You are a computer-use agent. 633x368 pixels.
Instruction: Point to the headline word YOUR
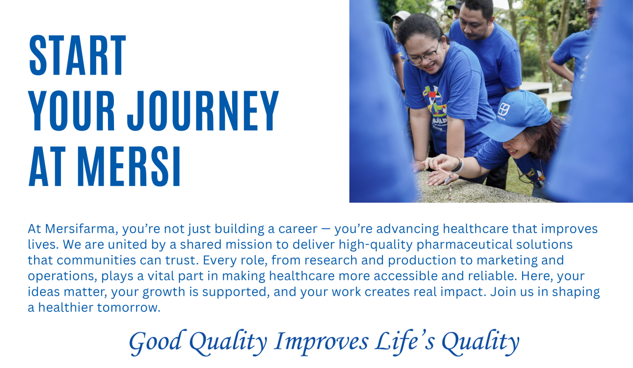click(x=72, y=111)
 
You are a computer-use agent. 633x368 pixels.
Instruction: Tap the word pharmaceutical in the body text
click(x=464, y=245)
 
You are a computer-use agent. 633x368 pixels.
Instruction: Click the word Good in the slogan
click(x=155, y=341)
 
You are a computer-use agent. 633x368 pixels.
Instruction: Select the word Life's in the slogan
click(x=405, y=341)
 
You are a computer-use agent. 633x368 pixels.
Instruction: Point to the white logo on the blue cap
click(x=504, y=109)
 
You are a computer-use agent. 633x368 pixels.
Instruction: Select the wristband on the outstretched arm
click(x=459, y=165)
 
